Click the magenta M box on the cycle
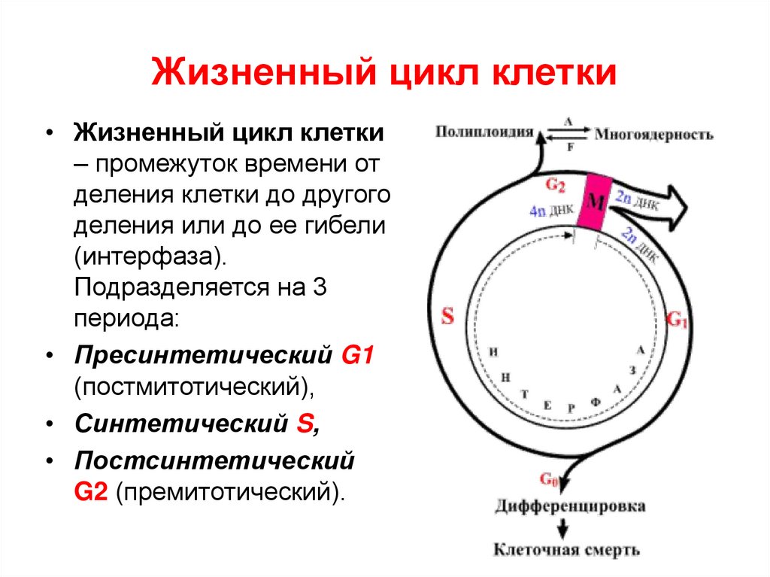click(x=594, y=200)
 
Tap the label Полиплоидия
click(x=484, y=132)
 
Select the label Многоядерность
click(x=653, y=135)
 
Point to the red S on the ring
click(x=447, y=316)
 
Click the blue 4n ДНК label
click(x=547, y=212)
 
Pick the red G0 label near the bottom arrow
click(x=548, y=479)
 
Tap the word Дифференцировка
click(x=569, y=506)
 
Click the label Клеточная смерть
click(x=566, y=550)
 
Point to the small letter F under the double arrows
click(x=569, y=147)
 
